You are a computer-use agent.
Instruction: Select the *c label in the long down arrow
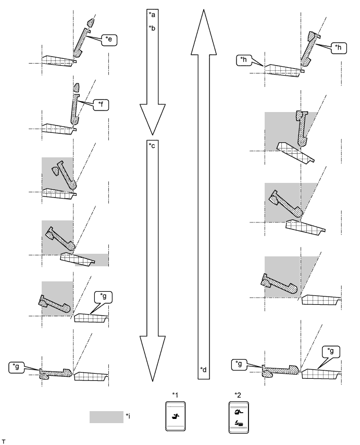(152, 145)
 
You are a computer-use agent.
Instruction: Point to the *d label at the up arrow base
(203, 369)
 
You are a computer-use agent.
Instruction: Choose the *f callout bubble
(101, 105)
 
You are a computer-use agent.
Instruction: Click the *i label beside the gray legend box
(128, 416)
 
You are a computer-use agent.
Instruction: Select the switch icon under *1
(175, 416)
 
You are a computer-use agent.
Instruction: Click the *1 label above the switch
(175, 394)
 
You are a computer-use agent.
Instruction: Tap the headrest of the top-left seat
(91, 23)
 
